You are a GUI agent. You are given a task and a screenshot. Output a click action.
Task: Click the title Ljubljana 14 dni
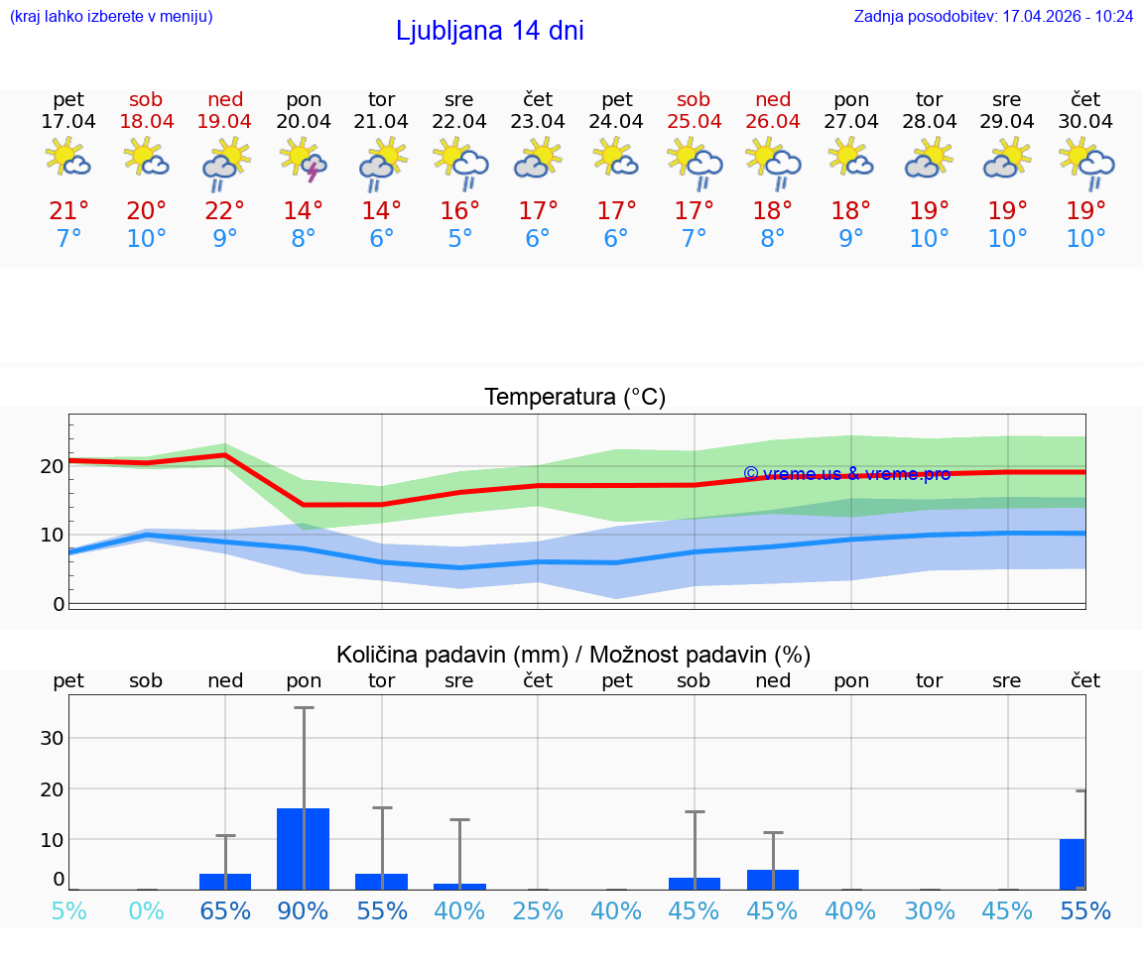pyautogui.click(x=489, y=31)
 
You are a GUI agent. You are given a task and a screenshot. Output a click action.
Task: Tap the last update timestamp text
pyautogui.click(x=993, y=17)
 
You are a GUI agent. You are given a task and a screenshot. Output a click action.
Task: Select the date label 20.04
pyautogui.click(x=304, y=122)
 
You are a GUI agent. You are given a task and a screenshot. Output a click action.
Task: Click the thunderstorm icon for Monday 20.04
pyautogui.click(x=304, y=160)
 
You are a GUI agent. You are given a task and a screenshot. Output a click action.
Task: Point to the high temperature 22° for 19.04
pyautogui.click(x=225, y=211)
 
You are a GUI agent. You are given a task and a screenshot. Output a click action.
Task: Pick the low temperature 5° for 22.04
pyautogui.click(x=459, y=239)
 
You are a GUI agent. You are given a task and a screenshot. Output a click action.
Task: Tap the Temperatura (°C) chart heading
pyautogui.click(x=574, y=398)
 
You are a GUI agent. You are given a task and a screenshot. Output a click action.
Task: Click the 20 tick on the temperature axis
pyautogui.click(x=53, y=465)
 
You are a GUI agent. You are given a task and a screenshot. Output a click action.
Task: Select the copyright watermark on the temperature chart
pyautogui.click(x=846, y=474)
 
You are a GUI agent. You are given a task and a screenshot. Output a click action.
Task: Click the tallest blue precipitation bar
pyautogui.click(x=304, y=849)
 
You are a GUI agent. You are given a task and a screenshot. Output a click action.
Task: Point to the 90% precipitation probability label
pyautogui.click(x=304, y=910)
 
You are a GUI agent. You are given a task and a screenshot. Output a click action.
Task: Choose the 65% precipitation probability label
pyautogui.click(x=225, y=910)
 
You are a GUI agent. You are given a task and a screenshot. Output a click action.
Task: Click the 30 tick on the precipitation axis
pyautogui.click(x=53, y=738)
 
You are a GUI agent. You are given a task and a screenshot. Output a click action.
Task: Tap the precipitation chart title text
pyautogui.click(x=573, y=655)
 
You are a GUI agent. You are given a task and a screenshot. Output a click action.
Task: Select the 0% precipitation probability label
pyautogui.click(x=147, y=910)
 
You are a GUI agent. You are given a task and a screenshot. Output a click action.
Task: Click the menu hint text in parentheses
pyautogui.click(x=111, y=17)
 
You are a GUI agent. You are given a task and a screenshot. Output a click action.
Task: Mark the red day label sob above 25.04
pyautogui.click(x=694, y=99)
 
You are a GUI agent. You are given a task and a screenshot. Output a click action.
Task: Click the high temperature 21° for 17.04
pyautogui.click(x=68, y=211)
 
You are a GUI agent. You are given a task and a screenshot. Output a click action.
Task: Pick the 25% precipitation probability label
pyautogui.click(x=538, y=910)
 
